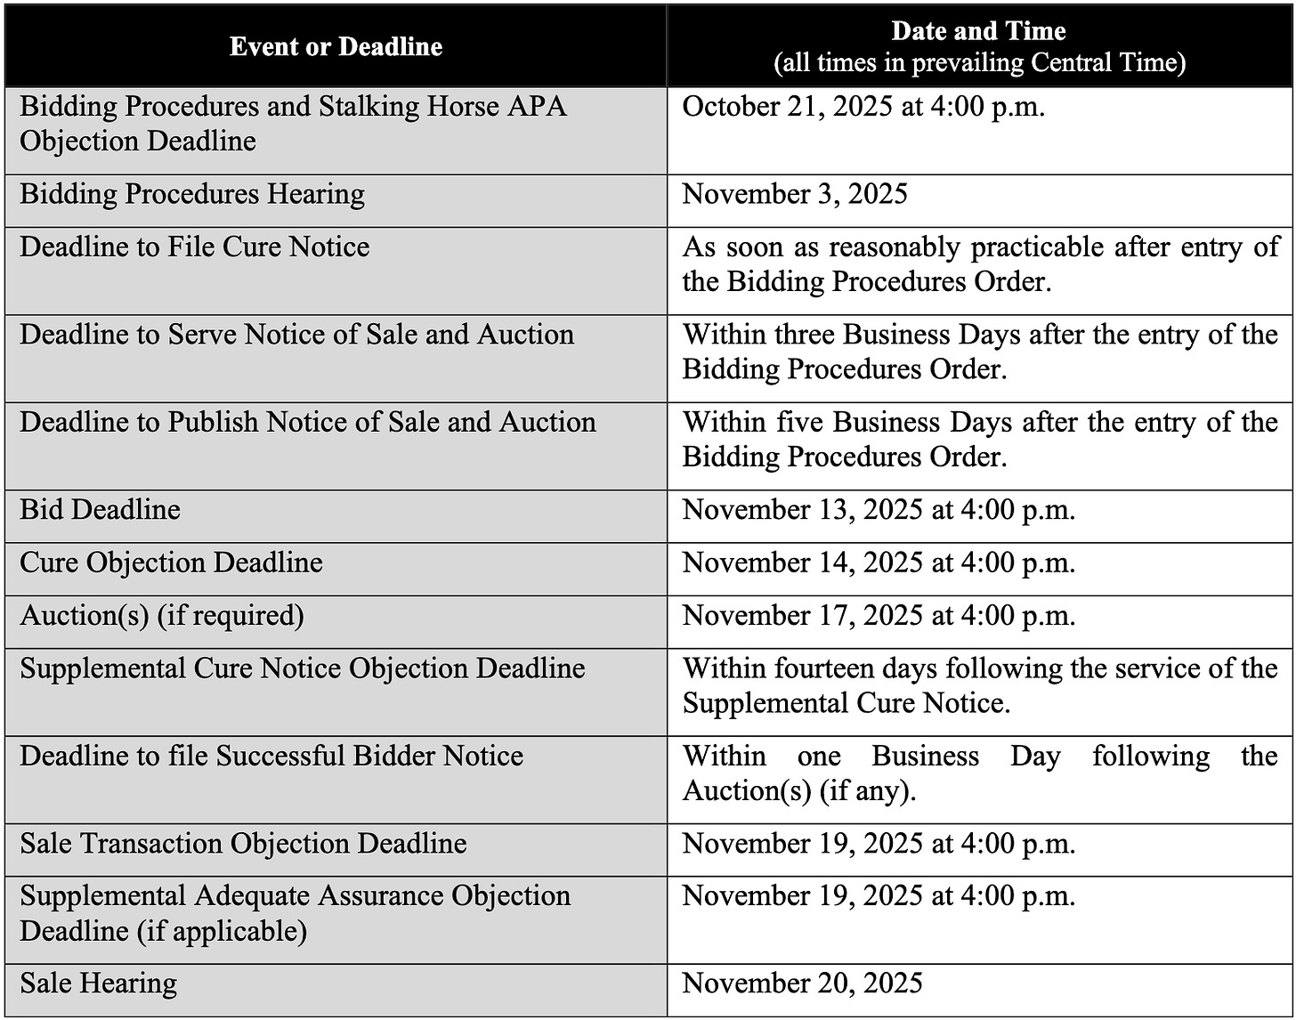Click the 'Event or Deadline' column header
tap(336, 46)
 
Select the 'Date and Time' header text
tap(978, 31)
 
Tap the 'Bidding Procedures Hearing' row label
tap(192, 194)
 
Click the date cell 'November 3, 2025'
tap(795, 194)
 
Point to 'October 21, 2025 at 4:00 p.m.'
tap(863, 107)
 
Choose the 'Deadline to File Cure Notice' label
tap(194, 247)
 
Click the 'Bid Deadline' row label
tap(100, 509)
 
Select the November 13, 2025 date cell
tap(879, 510)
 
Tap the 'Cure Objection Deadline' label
tap(171, 563)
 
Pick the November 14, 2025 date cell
tap(879, 563)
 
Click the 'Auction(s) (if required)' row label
tap(162, 615)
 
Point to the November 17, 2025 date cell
tap(879, 615)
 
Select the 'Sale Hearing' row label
tap(98, 984)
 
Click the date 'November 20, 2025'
tap(802, 984)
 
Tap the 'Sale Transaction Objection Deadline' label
tap(243, 843)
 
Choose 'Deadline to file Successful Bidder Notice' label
tap(271, 756)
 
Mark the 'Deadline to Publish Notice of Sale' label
tap(308, 422)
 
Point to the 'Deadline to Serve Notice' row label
tap(296, 335)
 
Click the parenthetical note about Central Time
tap(978, 63)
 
